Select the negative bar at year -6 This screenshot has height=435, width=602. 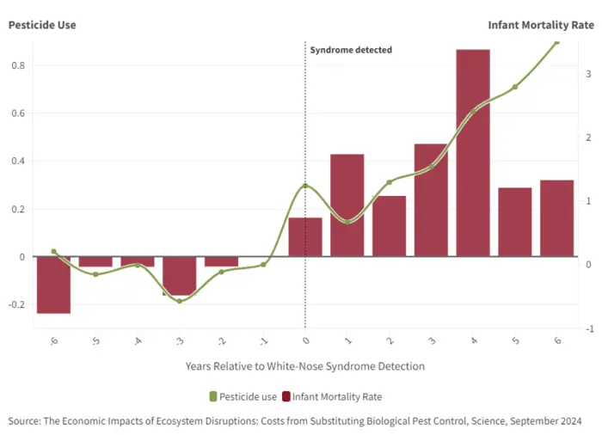point(53,285)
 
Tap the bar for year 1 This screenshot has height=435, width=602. point(347,205)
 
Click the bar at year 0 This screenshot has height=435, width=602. point(305,236)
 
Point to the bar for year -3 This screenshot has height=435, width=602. point(179,276)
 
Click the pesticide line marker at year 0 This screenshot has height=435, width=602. point(305,186)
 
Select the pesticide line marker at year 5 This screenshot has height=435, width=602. point(515,87)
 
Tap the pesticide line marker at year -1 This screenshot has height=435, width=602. point(263,265)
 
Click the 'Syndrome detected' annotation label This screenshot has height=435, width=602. point(351,50)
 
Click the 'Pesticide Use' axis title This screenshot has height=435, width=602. point(42,25)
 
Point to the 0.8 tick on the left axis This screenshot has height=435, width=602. point(18,65)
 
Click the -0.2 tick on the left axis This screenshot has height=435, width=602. point(16,304)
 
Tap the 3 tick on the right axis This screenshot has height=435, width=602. point(587,74)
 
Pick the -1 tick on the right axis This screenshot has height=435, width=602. point(587,328)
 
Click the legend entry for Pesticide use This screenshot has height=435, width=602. point(243,396)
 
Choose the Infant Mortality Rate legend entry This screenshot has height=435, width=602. point(331,396)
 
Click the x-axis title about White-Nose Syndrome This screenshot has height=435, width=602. point(304,366)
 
